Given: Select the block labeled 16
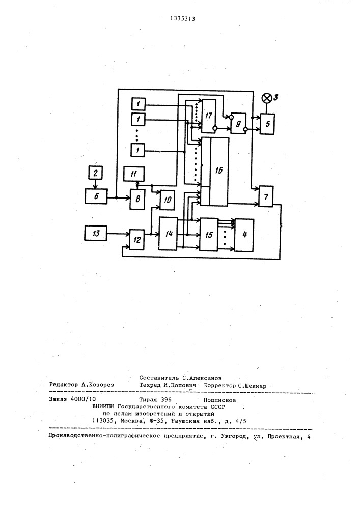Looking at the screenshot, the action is point(214,172).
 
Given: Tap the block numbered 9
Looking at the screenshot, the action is point(238,123).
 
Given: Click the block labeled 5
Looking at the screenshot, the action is point(267,124).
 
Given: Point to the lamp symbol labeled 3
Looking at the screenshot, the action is point(266,98).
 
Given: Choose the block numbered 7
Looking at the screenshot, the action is point(266,196).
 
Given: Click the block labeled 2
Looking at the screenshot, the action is point(95,173).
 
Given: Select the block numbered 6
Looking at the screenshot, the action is point(96,196).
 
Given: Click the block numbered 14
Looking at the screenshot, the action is point(168,234).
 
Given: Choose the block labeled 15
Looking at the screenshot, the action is point(209,235).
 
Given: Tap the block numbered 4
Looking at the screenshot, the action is point(244,235).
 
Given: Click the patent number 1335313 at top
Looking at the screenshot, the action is point(183,18).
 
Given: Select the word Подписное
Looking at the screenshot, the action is point(219,400).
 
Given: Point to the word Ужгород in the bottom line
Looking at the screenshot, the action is point(233,437).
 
